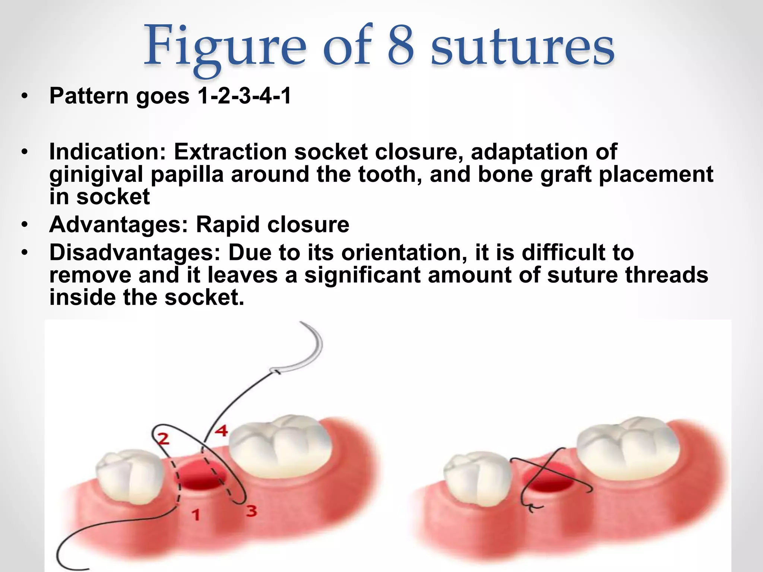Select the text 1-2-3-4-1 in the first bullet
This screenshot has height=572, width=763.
[244, 96]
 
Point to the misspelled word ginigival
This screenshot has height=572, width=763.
[96, 175]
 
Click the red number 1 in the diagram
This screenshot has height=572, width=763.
[196, 515]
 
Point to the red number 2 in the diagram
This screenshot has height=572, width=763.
[163, 439]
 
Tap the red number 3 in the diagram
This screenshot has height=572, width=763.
[251, 511]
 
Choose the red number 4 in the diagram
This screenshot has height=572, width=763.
[221, 431]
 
